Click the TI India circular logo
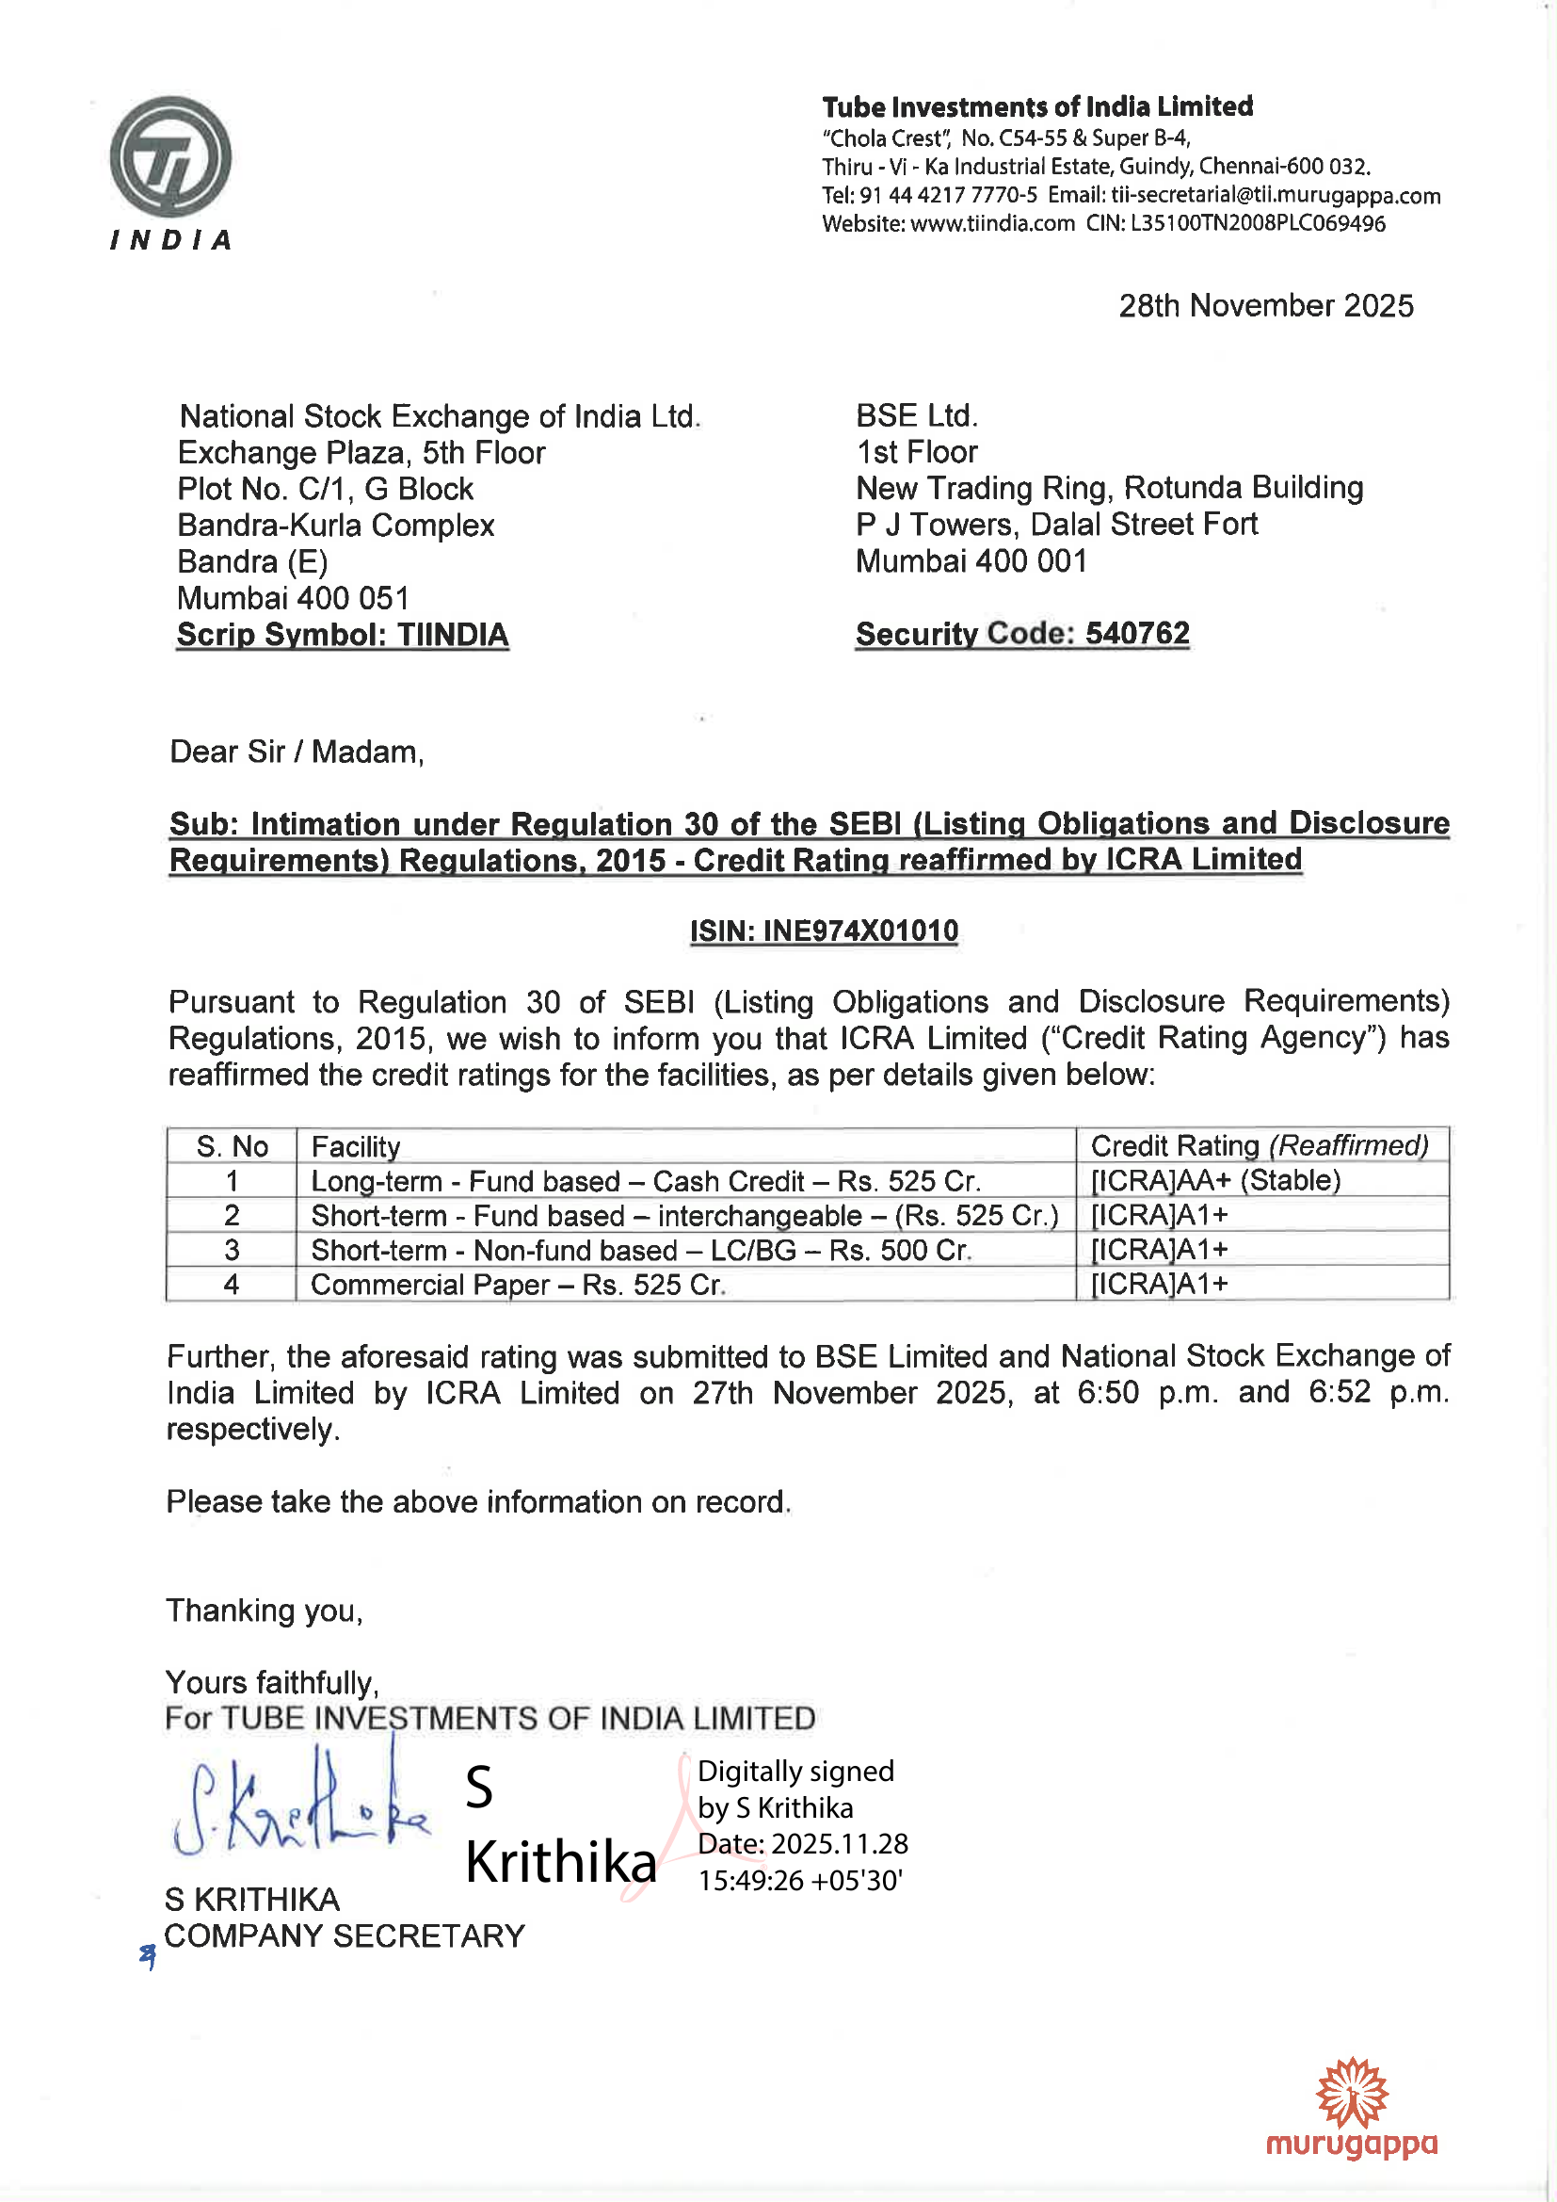(170, 158)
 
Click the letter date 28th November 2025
(1265, 306)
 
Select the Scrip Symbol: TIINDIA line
(343, 635)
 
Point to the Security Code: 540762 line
(1022, 634)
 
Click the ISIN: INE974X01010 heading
(824, 931)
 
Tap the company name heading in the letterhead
(1037, 106)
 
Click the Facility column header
(356, 1146)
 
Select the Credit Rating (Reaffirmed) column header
(1259, 1146)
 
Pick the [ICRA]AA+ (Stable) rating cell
(1215, 1181)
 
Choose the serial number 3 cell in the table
(231, 1250)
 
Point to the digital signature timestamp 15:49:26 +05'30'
(800, 1881)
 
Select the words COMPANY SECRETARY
(345, 1936)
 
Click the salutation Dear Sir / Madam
(297, 752)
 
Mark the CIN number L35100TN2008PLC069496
(1258, 224)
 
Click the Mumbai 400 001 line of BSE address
(971, 561)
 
